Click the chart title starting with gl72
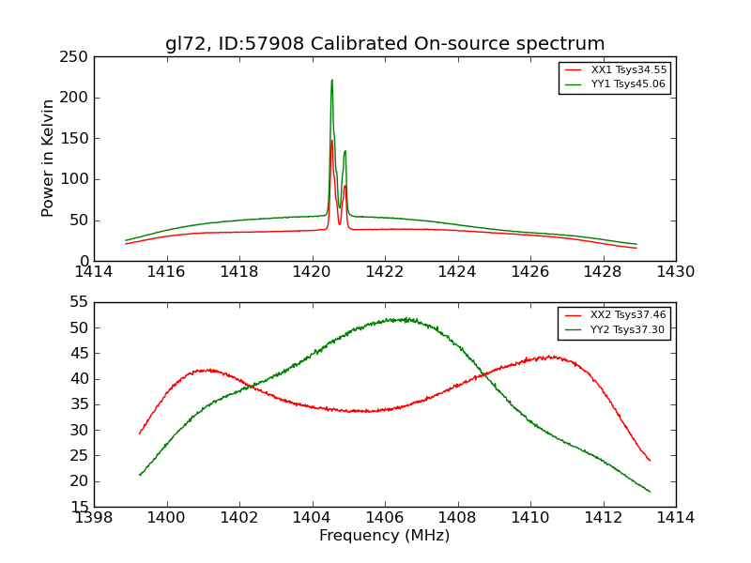[385, 44]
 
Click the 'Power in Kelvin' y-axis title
[48, 158]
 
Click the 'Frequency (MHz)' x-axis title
[384, 536]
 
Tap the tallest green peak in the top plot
[331, 81]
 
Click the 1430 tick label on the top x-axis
[675, 272]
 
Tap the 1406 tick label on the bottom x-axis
[384, 517]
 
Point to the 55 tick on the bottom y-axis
[80, 302]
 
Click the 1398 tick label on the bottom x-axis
[94, 517]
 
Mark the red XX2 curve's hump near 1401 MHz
[208, 370]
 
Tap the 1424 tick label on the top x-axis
[457, 272]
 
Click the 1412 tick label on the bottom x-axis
[603, 517]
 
